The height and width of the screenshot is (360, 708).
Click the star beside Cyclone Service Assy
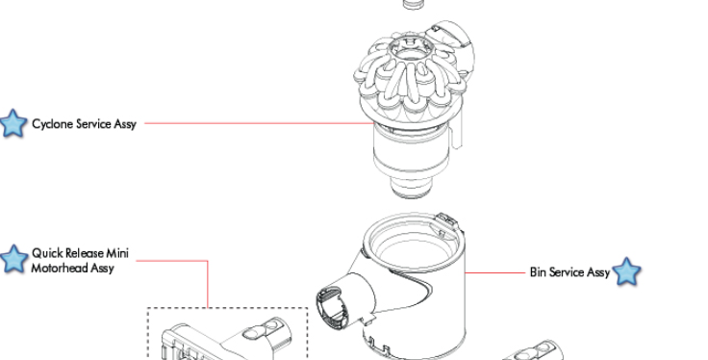pos(13,123)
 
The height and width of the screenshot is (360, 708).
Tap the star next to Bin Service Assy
pos(627,271)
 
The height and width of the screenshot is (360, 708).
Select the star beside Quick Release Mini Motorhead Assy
pos(13,259)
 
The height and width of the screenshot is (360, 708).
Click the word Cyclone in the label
pos(52,124)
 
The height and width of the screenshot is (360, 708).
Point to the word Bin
pos(538,271)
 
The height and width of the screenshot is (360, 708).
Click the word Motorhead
pos(59,268)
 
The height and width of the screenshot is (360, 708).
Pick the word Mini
pos(117,253)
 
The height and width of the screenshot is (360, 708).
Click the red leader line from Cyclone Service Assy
pos(259,123)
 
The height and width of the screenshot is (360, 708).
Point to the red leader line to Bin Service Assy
pos(495,272)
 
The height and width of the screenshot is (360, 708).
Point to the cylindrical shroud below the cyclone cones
pos(412,154)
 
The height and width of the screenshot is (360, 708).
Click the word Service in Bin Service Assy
pos(565,271)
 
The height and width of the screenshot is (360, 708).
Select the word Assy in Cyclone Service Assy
pos(125,125)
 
